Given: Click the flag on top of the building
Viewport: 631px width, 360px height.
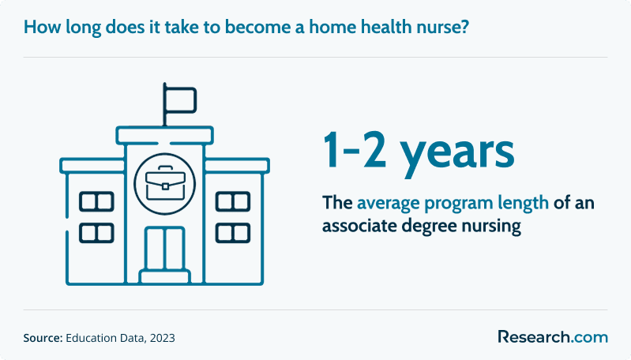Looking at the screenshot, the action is tap(179, 99).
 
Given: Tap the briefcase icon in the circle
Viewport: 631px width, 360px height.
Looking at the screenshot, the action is tap(165, 183).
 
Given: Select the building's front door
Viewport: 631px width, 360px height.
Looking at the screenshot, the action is tap(165, 248).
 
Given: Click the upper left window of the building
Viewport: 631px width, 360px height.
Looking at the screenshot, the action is tap(96, 201).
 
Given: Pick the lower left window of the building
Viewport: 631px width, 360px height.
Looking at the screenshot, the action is tap(96, 234).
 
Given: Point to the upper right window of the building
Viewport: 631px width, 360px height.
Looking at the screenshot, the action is tap(233, 201).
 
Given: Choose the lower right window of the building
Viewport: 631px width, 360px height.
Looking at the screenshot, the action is tap(233, 234).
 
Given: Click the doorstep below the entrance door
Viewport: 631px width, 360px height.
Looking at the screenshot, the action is tap(165, 277).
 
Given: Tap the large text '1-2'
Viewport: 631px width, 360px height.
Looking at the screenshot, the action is tap(354, 150).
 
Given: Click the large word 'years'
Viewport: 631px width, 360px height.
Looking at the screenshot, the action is tap(457, 155).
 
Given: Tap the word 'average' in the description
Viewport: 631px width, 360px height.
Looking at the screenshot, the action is tap(389, 204).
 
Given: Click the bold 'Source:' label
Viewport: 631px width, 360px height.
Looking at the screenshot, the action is tap(43, 338).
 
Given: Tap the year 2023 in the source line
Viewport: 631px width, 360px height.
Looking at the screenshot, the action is tap(162, 338).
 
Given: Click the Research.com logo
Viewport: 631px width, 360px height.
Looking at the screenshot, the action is tap(553, 337).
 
